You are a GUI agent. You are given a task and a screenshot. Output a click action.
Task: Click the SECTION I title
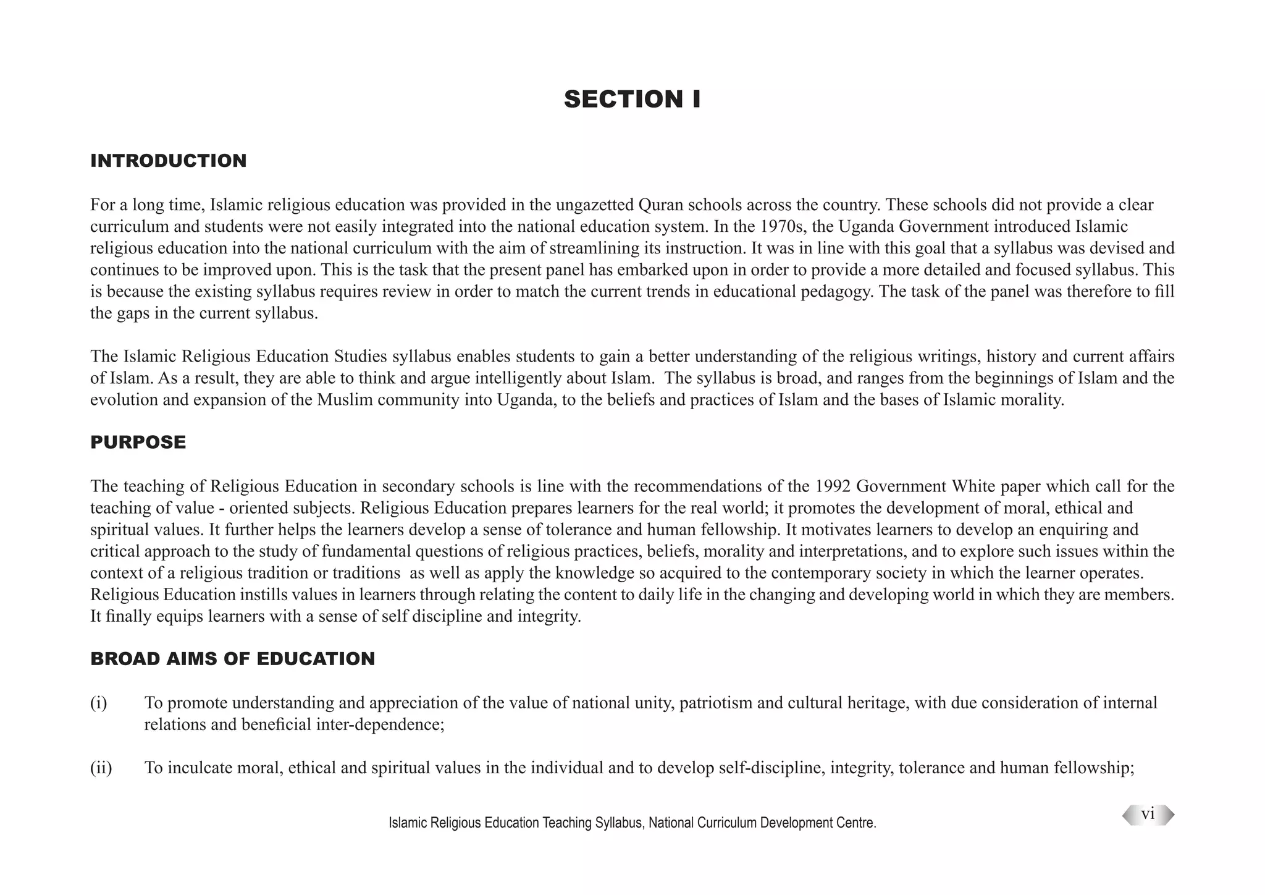point(632,100)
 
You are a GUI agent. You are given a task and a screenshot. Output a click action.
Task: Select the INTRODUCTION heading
point(168,161)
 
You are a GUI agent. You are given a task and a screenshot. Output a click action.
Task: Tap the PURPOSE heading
point(138,442)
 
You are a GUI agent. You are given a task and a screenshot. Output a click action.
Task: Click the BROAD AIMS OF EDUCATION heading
point(232,658)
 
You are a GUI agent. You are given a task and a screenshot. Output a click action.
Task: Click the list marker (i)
point(99,703)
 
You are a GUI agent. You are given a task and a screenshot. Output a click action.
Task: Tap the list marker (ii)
point(101,768)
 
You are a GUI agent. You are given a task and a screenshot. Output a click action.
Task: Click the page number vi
point(1148,815)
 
